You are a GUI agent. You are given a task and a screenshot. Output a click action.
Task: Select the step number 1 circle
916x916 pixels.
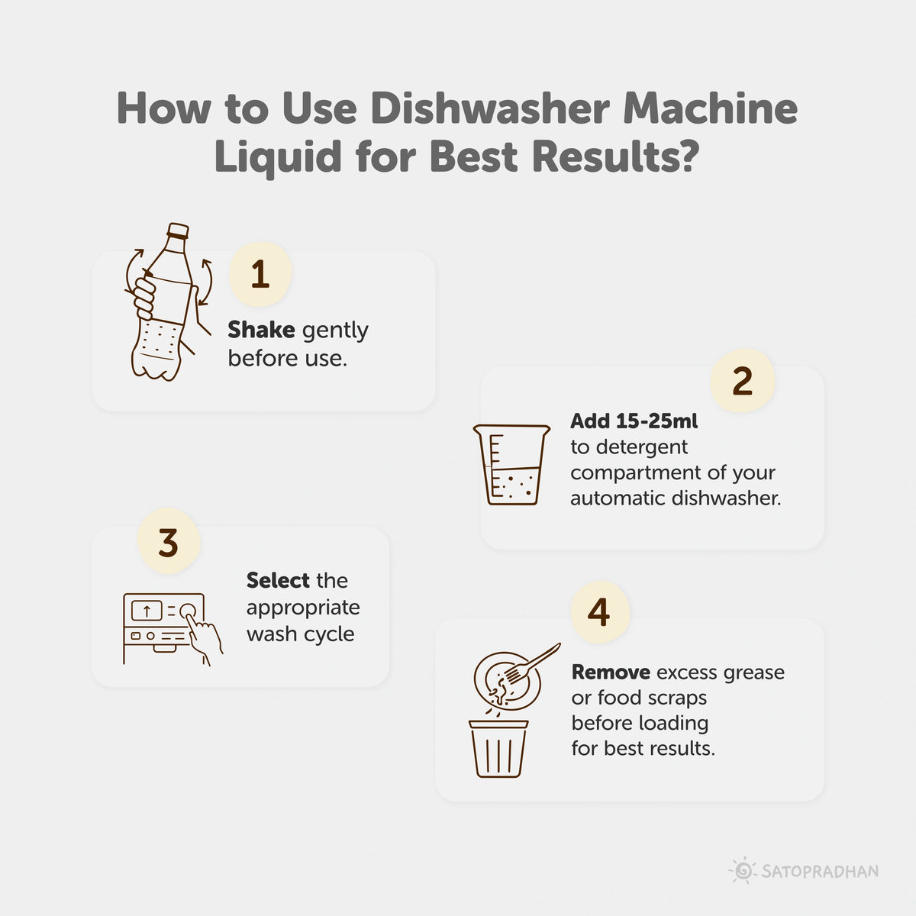(260, 274)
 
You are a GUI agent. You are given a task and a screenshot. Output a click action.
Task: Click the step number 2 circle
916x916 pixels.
(742, 382)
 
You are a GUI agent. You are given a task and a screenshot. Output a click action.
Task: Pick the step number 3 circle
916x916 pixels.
(168, 543)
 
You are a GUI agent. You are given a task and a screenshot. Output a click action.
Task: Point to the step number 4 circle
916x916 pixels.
(599, 612)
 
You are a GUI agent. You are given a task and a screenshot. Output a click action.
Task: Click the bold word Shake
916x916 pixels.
(261, 331)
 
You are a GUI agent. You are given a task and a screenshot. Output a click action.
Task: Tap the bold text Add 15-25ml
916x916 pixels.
(634, 421)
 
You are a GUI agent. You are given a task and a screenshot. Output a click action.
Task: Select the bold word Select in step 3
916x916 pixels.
(278, 581)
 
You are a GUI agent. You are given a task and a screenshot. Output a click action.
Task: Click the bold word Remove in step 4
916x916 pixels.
(611, 672)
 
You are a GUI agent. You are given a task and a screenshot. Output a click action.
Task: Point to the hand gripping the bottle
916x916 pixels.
(145, 298)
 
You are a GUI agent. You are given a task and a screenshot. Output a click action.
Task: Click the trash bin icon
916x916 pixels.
(498, 748)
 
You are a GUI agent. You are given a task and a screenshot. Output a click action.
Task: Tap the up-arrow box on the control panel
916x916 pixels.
(147, 611)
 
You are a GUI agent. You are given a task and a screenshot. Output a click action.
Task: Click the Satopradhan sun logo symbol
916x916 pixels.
(741, 870)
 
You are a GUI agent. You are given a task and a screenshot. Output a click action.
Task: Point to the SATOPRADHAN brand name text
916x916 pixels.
(820, 871)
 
